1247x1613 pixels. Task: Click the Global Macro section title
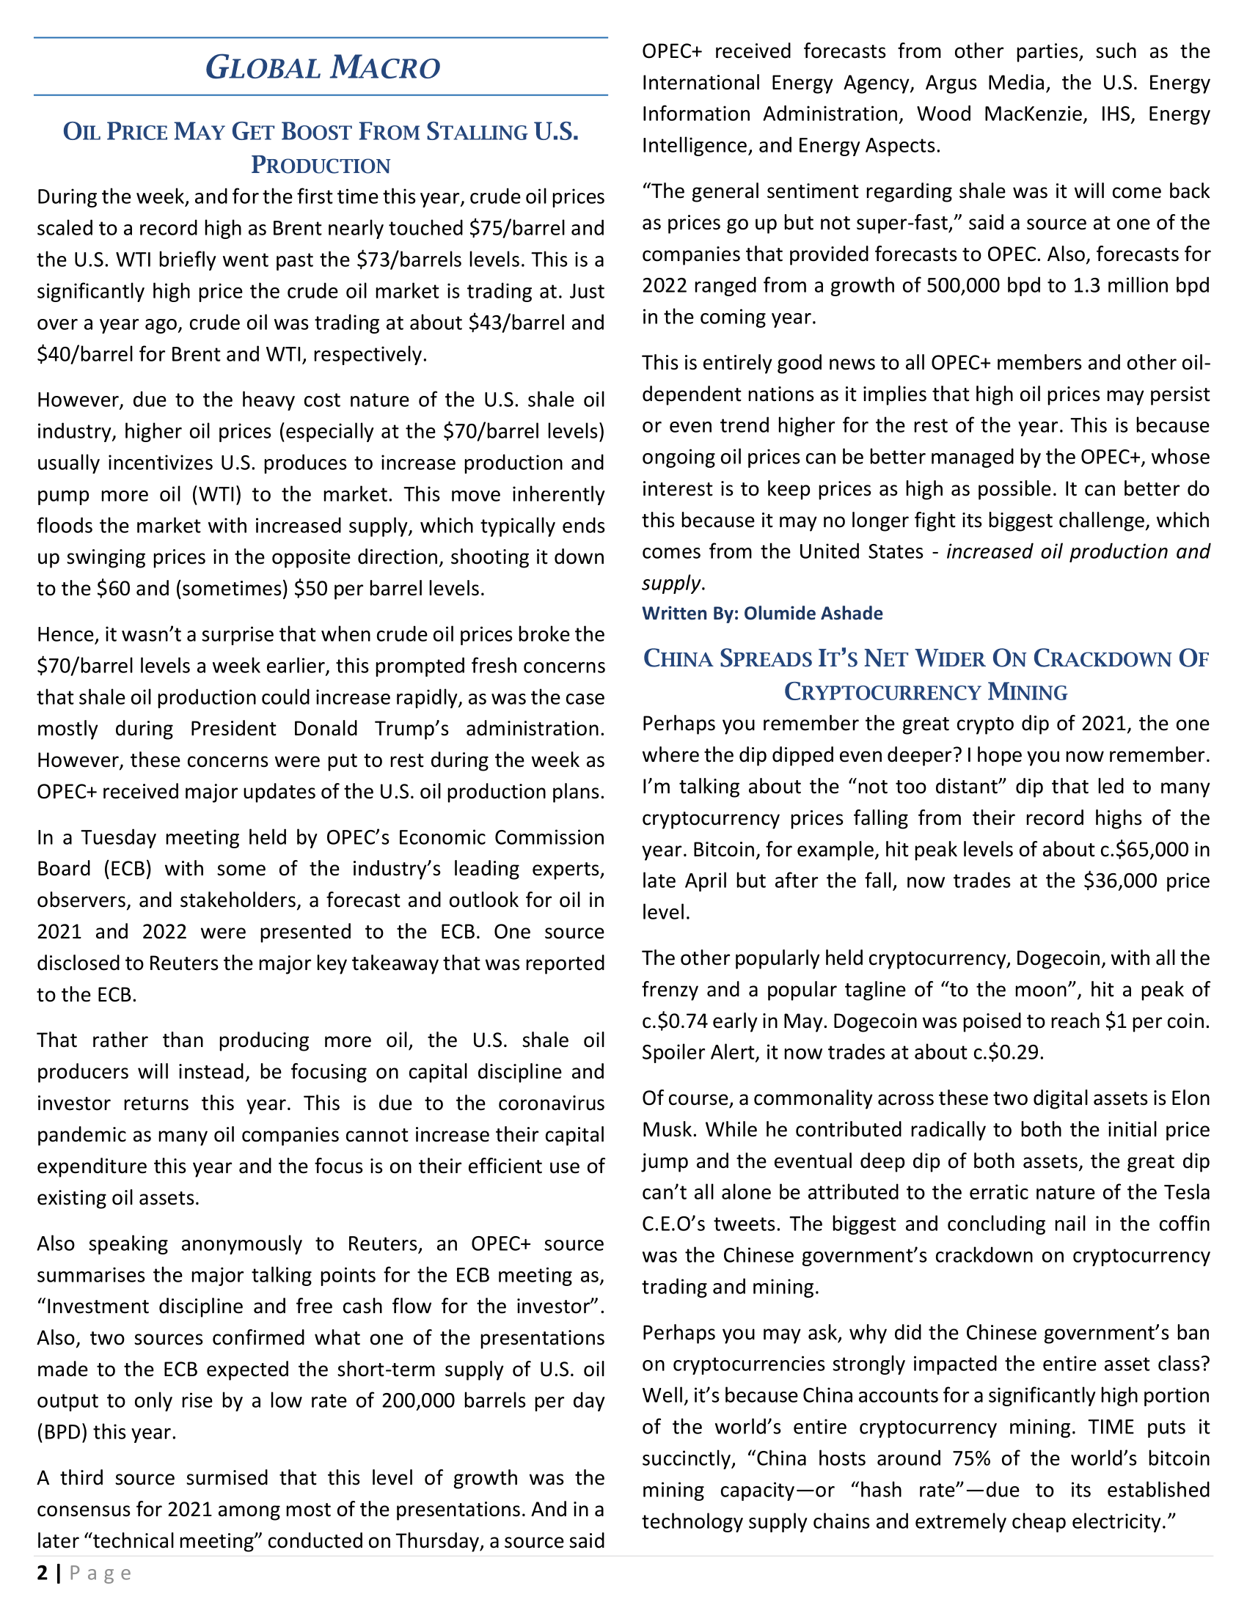[322, 67]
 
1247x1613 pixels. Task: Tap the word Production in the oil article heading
[321, 165]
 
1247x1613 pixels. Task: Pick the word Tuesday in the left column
[120, 837]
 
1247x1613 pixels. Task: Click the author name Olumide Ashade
[813, 614]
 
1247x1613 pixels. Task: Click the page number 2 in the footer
[43, 1573]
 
